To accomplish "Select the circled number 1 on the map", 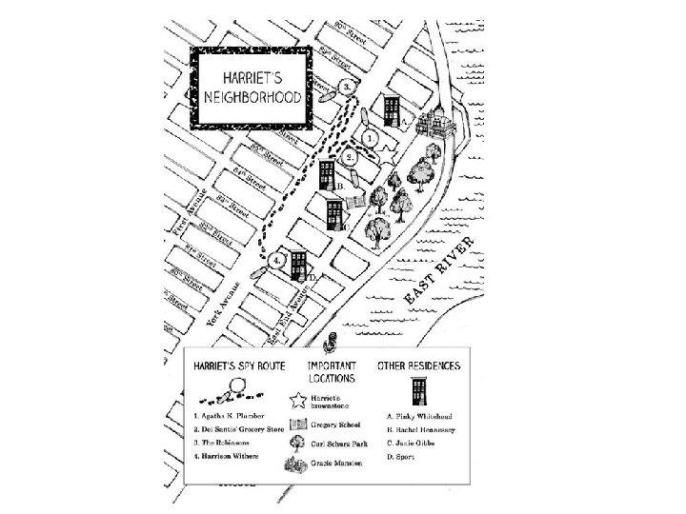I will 368,136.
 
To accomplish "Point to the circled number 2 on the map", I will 350,155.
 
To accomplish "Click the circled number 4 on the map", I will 276,259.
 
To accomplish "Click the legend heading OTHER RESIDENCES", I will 418,366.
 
